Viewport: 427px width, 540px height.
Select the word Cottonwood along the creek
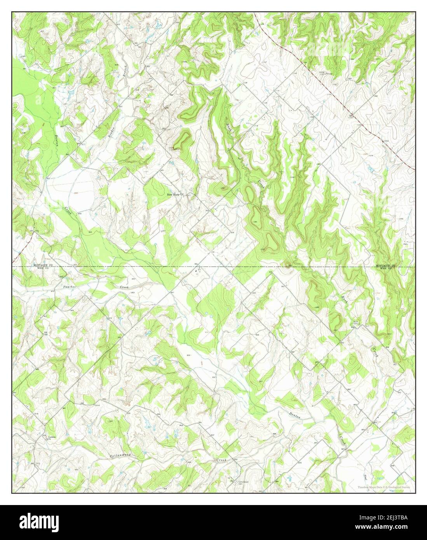pyautogui.click(x=120, y=455)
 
